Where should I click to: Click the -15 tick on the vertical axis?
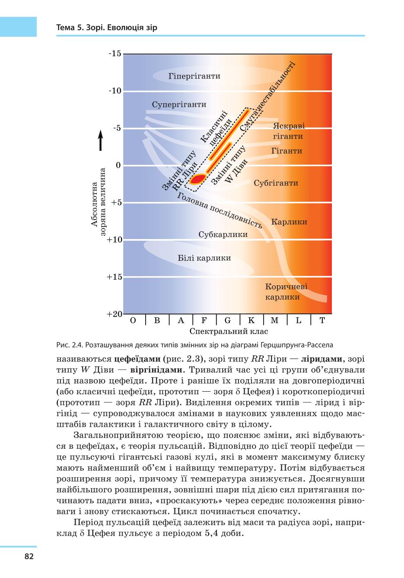pyautogui.click(x=115, y=54)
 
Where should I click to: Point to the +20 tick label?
pyautogui.click(x=114, y=314)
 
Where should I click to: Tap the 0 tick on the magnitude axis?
pyautogui.click(x=118, y=165)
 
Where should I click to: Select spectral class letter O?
pyautogui.click(x=133, y=320)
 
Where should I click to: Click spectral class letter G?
pyautogui.click(x=228, y=320)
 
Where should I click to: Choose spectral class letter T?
pyautogui.click(x=322, y=320)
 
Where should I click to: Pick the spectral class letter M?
pyautogui.click(x=274, y=320)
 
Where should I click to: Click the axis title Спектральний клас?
pyautogui.click(x=229, y=331)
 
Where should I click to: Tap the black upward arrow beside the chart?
pyautogui.click(x=101, y=140)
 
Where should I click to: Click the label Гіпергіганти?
pyautogui.click(x=194, y=76)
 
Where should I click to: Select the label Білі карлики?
pyautogui.click(x=204, y=258)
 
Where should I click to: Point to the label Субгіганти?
pyautogui.click(x=276, y=183)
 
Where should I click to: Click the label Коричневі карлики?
pyautogui.click(x=286, y=292)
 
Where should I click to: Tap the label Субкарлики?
pyautogui.click(x=223, y=235)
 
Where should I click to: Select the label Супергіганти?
pyautogui.click(x=179, y=105)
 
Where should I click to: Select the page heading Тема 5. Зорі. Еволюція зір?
pyautogui.click(x=107, y=27)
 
